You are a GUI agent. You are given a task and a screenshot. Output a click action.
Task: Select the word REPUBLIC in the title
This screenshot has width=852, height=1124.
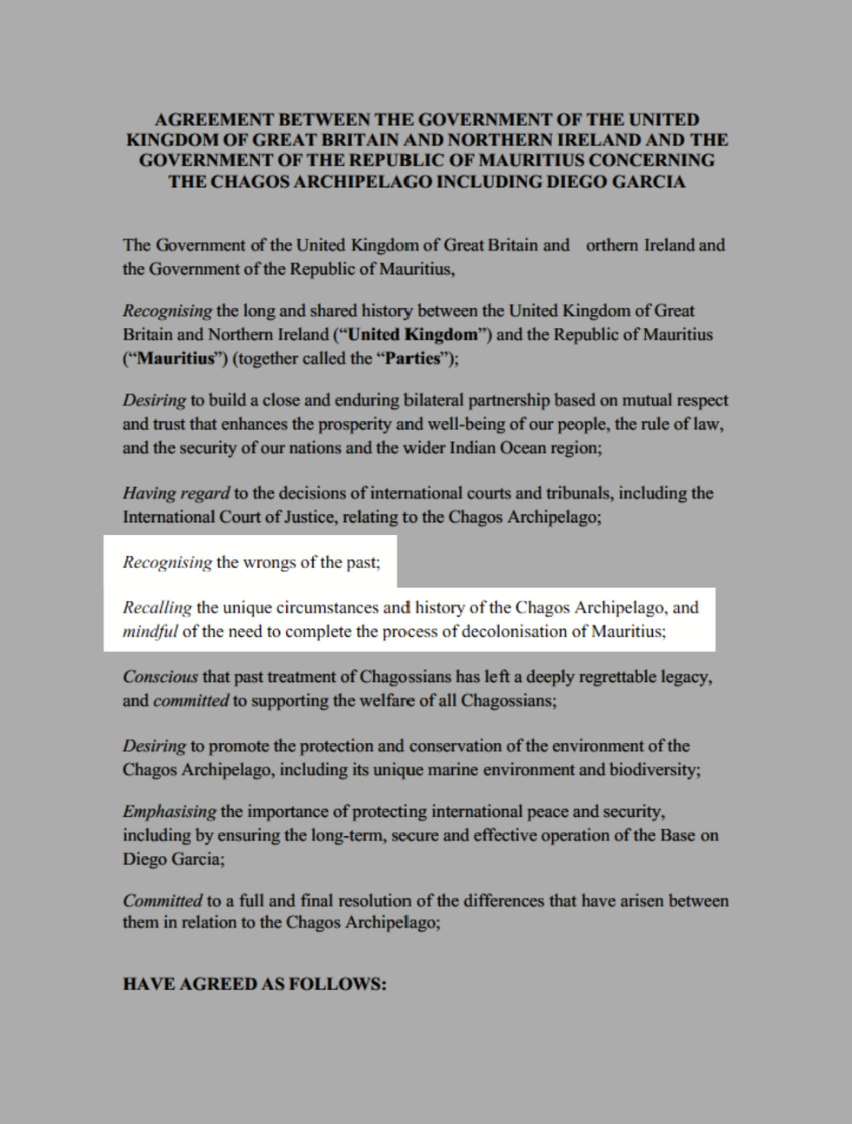click(x=395, y=160)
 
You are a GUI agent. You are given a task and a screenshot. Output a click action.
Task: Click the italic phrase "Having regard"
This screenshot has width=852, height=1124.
click(x=176, y=492)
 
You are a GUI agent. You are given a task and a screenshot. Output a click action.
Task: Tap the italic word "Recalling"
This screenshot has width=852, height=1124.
click(x=157, y=607)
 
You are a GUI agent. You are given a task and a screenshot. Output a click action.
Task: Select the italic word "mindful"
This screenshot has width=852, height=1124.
click(x=150, y=631)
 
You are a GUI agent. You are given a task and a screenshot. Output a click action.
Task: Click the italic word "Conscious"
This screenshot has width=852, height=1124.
click(x=160, y=676)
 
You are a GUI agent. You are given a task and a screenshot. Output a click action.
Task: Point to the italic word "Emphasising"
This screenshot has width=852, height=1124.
click(x=169, y=811)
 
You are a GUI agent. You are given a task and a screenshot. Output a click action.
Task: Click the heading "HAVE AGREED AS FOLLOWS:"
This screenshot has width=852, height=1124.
click(x=255, y=984)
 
